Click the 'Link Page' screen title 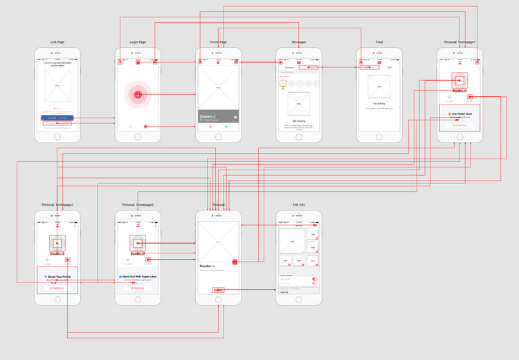57,42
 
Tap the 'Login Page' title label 138,42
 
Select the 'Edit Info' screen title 298,205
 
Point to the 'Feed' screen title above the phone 379,42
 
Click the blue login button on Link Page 57,118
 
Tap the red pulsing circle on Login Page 138,95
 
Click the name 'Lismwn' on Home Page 207,116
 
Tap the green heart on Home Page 226,127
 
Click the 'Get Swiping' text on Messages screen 299,120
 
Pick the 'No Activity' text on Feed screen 379,104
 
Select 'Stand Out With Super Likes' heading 138,276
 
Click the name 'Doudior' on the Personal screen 206,266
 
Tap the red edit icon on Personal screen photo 235,262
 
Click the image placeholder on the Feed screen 379,87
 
